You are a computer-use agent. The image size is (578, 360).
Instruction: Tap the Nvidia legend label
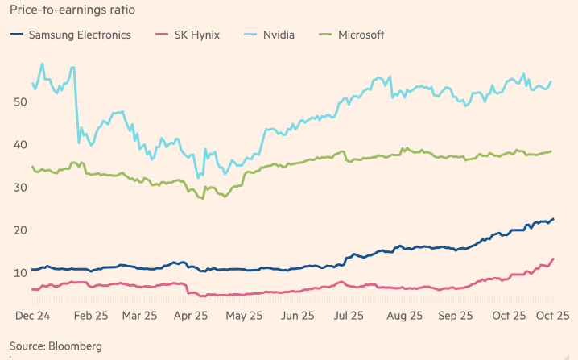point(279,35)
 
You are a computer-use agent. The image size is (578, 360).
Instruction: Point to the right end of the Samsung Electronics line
point(553,219)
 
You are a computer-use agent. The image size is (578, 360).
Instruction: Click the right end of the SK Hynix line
point(553,259)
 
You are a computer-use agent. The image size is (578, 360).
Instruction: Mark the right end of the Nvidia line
point(551,81)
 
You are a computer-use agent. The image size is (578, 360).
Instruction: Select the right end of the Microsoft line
point(551,151)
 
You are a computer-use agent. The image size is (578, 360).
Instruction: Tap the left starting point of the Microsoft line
point(32,167)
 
